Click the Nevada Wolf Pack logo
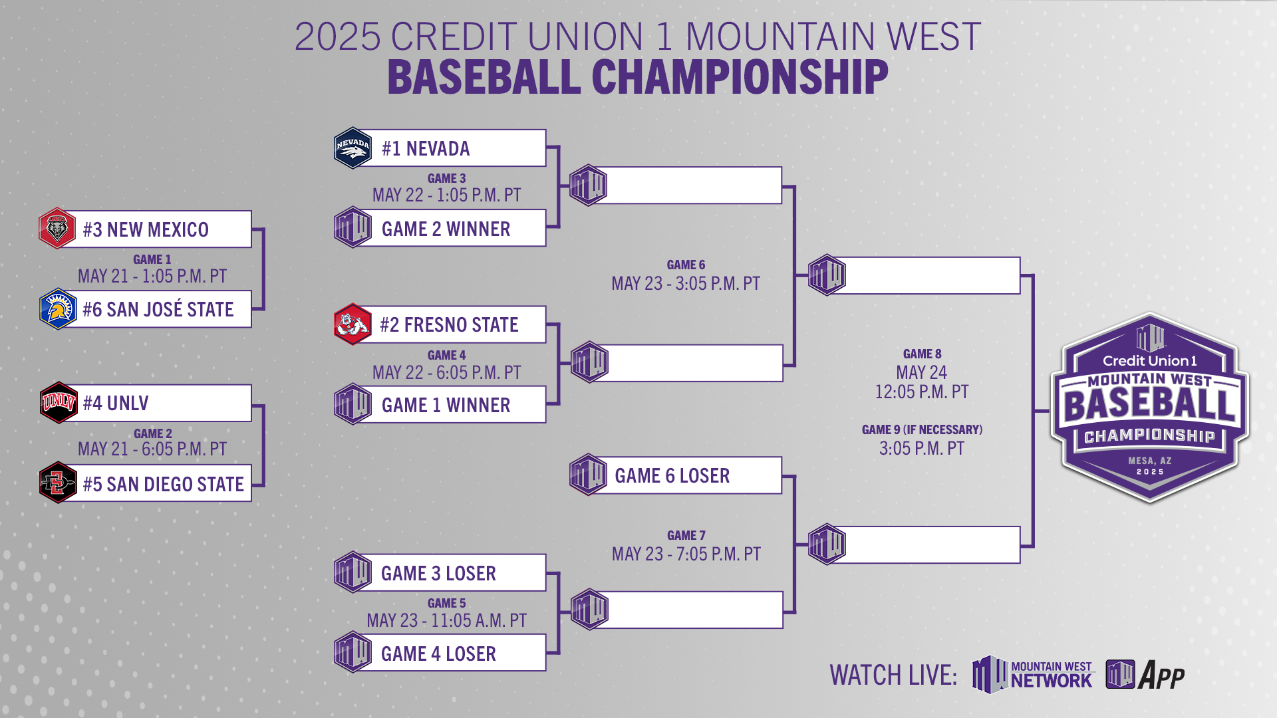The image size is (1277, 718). click(x=353, y=148)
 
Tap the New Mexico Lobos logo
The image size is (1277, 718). click(x=57, y=229)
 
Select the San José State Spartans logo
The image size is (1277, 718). click(x=58, y=309)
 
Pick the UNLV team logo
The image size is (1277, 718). click(x=59, y=403)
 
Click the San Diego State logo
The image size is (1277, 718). click(x=58, y=483)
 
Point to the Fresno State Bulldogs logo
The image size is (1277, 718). click(x=353, y=324)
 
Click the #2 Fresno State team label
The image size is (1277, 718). click(x=449, y=324)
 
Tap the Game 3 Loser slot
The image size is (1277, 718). click(x=438, y=573)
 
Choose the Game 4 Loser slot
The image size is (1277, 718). click(x=438, y=654)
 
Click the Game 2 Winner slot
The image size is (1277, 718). click(x=446, y=229)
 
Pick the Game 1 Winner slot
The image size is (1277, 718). click(x=446, y=405)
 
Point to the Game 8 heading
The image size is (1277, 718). click(x=922, y=354)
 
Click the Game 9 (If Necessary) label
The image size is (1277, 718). click(x=922, y=429)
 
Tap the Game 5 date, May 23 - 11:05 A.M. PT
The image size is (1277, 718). click(x=446, y=620)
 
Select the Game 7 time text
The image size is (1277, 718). click(x=686, y=554)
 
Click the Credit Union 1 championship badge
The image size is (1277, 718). click(x=1149, y=407)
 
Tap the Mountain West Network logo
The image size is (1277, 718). click(x=1032, y=674)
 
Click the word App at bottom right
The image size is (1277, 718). click(x=1161, y=675)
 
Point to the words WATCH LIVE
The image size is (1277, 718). click(x=893, y=675)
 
